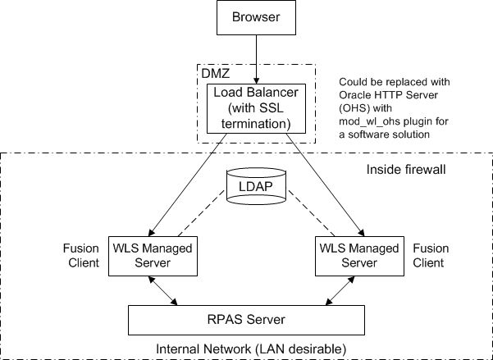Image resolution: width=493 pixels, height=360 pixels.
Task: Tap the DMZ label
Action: click(x=216, y=74)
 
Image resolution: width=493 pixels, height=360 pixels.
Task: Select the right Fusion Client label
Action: click(x=429, y=254)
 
